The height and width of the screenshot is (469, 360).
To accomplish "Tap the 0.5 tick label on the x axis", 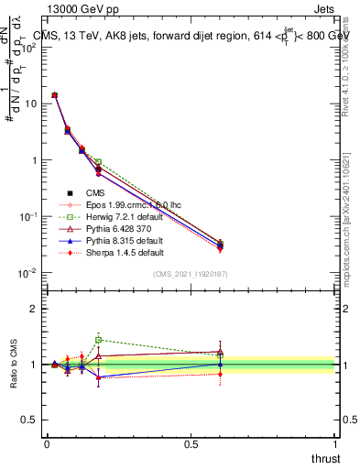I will coord(191,443).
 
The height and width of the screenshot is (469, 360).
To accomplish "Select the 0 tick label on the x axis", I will coord(47,443).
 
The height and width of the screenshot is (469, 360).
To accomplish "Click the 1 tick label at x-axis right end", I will coord(334,443).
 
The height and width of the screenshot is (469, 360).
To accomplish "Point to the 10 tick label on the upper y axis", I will coord(29,104).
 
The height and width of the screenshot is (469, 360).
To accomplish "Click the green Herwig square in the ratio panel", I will coord(98,339).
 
